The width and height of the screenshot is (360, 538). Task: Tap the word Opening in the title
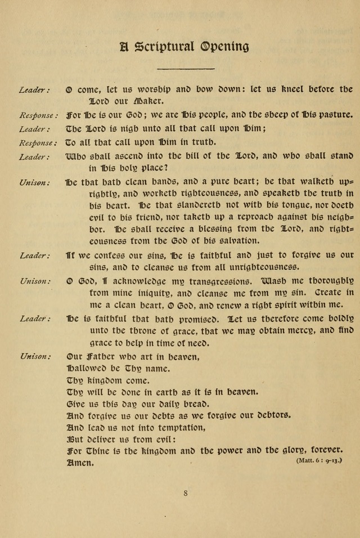click(225, 47)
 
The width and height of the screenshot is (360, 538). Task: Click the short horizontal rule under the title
click(185, 69)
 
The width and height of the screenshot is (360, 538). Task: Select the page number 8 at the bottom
click(185, 493)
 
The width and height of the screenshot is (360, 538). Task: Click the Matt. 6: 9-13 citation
click(318, 460)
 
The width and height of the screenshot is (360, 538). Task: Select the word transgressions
click(211, 281)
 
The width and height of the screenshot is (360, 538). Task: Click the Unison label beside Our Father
click(35, 356)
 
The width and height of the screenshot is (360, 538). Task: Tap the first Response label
click(38, 116)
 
